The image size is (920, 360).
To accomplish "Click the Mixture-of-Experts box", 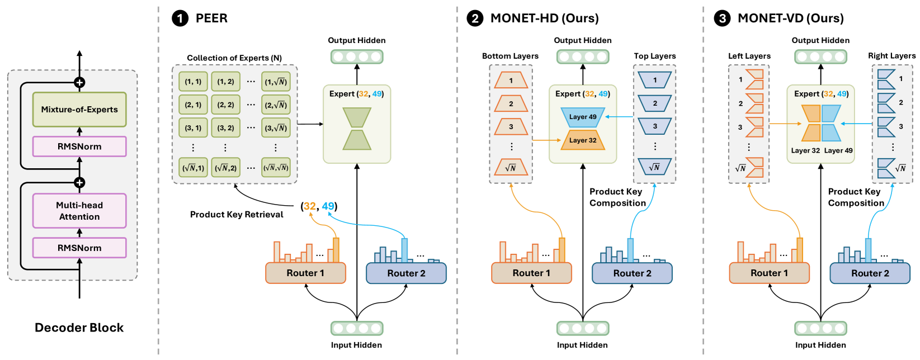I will [79, 110].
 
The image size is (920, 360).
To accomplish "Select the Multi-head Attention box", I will [79, 211].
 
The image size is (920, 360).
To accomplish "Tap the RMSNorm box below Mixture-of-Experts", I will [79, 146].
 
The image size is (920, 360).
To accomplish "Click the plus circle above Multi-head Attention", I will [79, 183].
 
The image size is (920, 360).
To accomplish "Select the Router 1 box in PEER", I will [305, 273].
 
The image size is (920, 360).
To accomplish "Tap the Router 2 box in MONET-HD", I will [632, 273].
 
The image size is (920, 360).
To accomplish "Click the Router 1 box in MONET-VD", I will [769, 273].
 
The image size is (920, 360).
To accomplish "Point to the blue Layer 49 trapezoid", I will [583, 117].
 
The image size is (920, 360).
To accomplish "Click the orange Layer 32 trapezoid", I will [583, 140].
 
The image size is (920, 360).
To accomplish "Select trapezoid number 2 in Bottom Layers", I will [511, 104].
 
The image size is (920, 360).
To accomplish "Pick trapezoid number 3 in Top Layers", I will [655, 126].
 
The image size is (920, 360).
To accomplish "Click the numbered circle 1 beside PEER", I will [180, 18].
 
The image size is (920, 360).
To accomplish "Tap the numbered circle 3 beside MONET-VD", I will [722, 18].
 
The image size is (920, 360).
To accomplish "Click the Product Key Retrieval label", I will [237, 215].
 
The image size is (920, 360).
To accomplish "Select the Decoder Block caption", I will [79, 328].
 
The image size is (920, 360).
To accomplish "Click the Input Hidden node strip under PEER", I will [357, 328].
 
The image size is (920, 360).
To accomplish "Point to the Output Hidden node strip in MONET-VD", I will [820, 56].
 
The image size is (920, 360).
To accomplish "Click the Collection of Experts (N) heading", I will [234, 58].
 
